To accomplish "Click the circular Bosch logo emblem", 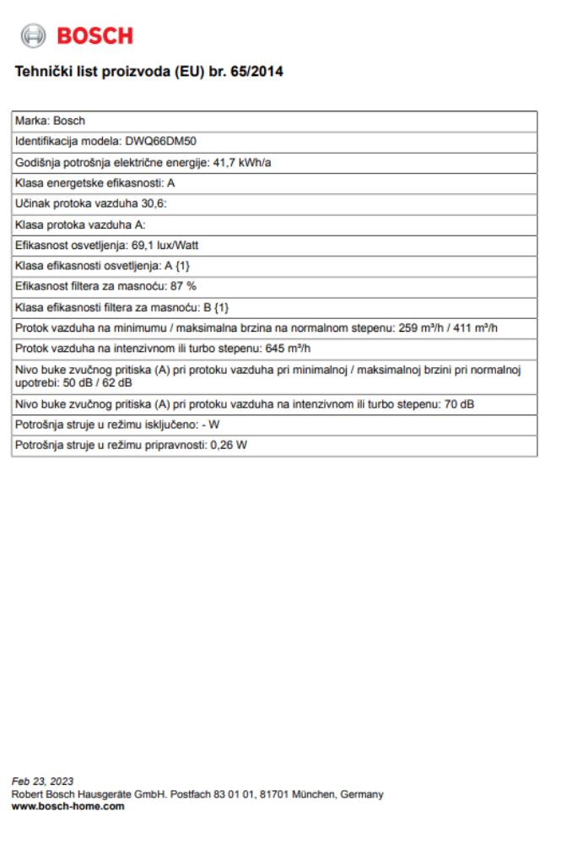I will pos(34,35).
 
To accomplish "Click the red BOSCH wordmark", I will pos(94,35).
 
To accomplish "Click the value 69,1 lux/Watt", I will pos(168,245).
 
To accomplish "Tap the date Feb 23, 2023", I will pos(37,781).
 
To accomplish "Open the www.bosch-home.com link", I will pos(67,806).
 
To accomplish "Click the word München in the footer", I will pos(294,793).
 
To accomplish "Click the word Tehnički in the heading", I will pos(40,72).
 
